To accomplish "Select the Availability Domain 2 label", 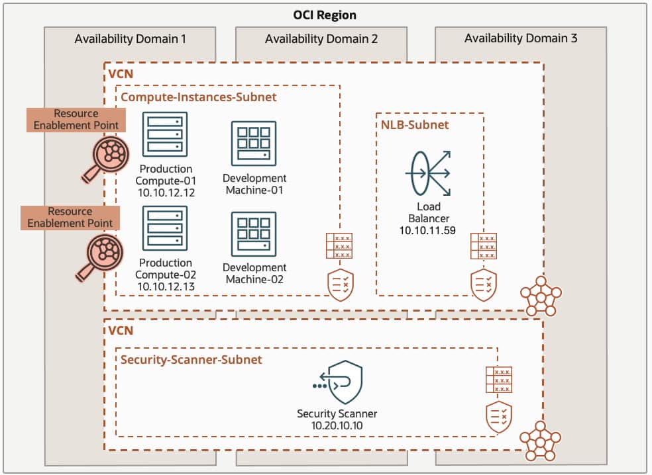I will [x=321, y=39].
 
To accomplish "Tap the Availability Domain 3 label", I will [x=520, y=38].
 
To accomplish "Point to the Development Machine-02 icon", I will [x=254, y=234].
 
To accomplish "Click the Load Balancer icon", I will [x=428, y=171].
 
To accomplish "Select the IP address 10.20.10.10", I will [x=337, y=425].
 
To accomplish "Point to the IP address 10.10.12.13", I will [x=166, y=286].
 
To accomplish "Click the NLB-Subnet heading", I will [x=414, y=124].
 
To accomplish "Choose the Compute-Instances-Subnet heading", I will [x=198, y=97].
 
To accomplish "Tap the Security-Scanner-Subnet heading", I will [x=191, y=359].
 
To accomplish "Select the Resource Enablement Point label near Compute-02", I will [x=70, y=218].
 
